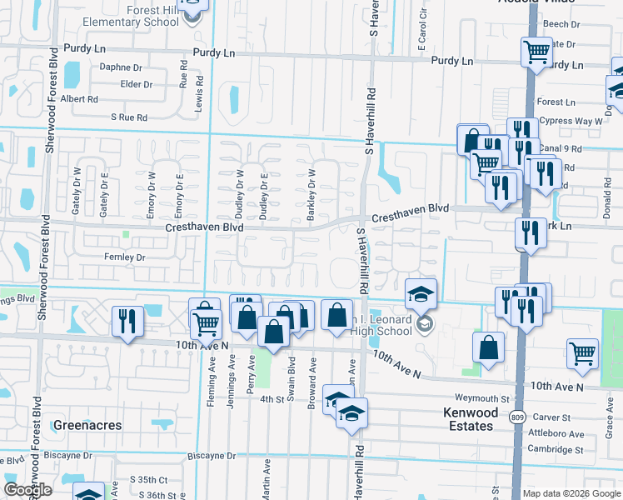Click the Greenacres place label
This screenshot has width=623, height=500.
pyautogui.click(x=87, y=425)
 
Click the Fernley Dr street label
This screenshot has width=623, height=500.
pyautogui.click(x=123, y=258)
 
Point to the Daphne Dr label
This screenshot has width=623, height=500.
pyautogui.click(x=121, y=67)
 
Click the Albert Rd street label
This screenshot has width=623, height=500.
pyautogui.click(x=80, y=98)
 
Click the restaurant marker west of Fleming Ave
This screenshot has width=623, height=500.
pyautogui.click(x=127, y=321)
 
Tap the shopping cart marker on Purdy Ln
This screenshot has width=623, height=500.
pyautogui.click(x=536, y=52)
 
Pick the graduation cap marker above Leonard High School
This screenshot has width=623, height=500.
pyautogui.click(x=421, y=292)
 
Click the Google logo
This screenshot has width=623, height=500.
pyautogui.click(x=27, y=490)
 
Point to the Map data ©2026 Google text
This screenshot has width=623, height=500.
pyautogui.click(x=571, y=493)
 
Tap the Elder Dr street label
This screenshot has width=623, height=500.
pyautogui.click(x=137, y=84)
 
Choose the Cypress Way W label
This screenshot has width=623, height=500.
pyautogui.click(x=571, y=121)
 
